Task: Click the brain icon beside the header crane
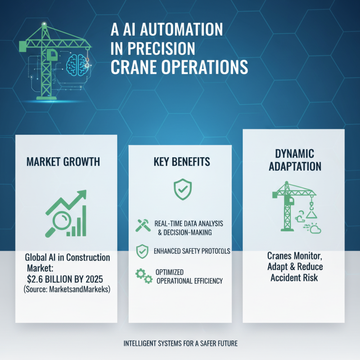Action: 74,64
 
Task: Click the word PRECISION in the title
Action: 153,48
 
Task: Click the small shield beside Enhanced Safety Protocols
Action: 142,251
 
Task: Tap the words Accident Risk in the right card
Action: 294,278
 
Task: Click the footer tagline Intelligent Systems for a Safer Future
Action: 180,344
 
